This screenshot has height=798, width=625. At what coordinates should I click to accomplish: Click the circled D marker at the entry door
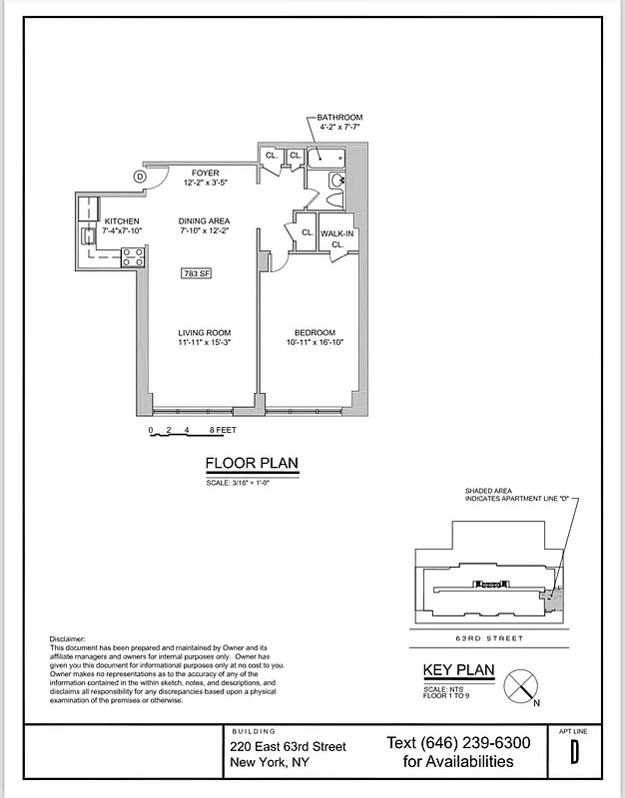coord(141,177)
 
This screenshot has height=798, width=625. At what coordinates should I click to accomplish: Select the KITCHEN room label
coord(122,220)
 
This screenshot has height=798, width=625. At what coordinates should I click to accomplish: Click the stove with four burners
coord(134,256)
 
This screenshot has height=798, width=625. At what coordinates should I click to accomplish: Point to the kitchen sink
coord(89,236)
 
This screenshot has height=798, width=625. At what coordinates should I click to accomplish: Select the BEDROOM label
coord(313,332)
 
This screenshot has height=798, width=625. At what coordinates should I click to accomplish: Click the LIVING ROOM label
coord(205,332)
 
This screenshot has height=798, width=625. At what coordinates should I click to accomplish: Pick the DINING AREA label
coord(205,220)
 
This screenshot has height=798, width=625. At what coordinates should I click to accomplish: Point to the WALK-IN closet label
coord(337,234)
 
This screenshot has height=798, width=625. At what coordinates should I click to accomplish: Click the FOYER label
coord(206,174)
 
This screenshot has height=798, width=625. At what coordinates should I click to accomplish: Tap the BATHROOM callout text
coord(339,118)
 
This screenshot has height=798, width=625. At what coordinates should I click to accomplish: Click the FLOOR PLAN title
coord(252,463)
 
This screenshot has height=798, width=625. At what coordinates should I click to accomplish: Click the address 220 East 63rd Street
coord(289,746)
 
